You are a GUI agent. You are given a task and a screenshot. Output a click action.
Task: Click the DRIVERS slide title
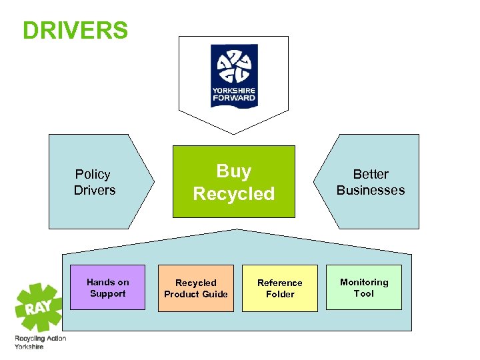[x=75, y=30]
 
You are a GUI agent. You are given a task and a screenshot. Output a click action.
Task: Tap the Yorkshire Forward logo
[x=233, y=75]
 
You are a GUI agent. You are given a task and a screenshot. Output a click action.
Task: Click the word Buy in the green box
[x=234, y=171]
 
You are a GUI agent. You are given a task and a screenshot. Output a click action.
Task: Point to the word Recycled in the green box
[x=234, y=194]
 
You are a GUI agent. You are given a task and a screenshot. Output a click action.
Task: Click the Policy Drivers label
[x=94, y=182]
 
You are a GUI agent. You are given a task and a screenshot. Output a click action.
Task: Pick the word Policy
[x=93, y=174]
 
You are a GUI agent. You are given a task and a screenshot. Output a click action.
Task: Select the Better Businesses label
[x=370, y=182]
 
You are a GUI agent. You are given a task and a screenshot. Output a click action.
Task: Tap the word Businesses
[x=370, y=190]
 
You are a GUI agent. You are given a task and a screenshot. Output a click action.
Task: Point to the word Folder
[x=280, y=294]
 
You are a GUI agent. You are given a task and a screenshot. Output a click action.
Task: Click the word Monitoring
[x=364, y=282]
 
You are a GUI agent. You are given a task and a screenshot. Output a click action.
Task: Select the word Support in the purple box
[x=107, y=293]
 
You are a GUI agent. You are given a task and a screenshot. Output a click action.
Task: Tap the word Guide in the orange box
[x=215, y=294]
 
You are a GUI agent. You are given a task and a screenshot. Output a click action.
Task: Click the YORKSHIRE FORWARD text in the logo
[x=233, y=94]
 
